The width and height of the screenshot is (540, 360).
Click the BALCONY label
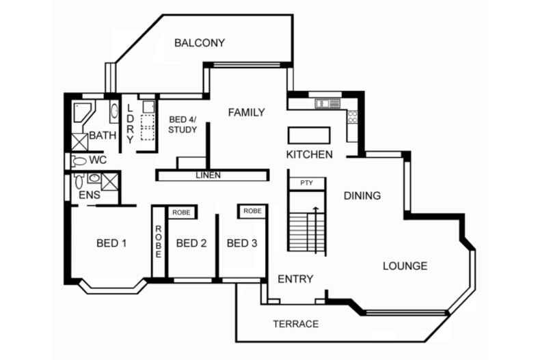[x=199, y=43]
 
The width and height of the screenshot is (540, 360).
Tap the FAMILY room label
[x=246, y=112]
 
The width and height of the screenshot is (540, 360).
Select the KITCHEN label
[x=309, y=154]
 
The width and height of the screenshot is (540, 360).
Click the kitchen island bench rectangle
[x=308, y=135]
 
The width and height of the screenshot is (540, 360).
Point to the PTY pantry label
[x=306, y=183]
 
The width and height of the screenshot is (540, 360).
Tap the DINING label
[x=362, y=196]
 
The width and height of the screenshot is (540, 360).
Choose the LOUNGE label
[x=405, y=266]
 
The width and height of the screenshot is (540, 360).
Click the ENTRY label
[x=295, y=279]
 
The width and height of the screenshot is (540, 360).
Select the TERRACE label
[x=295, y=324]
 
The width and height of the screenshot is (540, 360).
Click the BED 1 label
[x=111, y=243]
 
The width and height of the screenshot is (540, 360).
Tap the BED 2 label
[x=191, y=243]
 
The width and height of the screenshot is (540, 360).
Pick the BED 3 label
[x=242, y=243]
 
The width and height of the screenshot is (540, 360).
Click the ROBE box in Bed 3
[x=252, y=212]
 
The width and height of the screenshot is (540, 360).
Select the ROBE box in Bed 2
[x=181, y=212]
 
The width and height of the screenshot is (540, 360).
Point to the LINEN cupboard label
[x=208, y=176]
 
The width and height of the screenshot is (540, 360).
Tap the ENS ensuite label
[x=89, y=196]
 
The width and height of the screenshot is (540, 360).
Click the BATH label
[x=103, y=135]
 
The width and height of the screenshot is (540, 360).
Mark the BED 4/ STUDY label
[x=183, y=124]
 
